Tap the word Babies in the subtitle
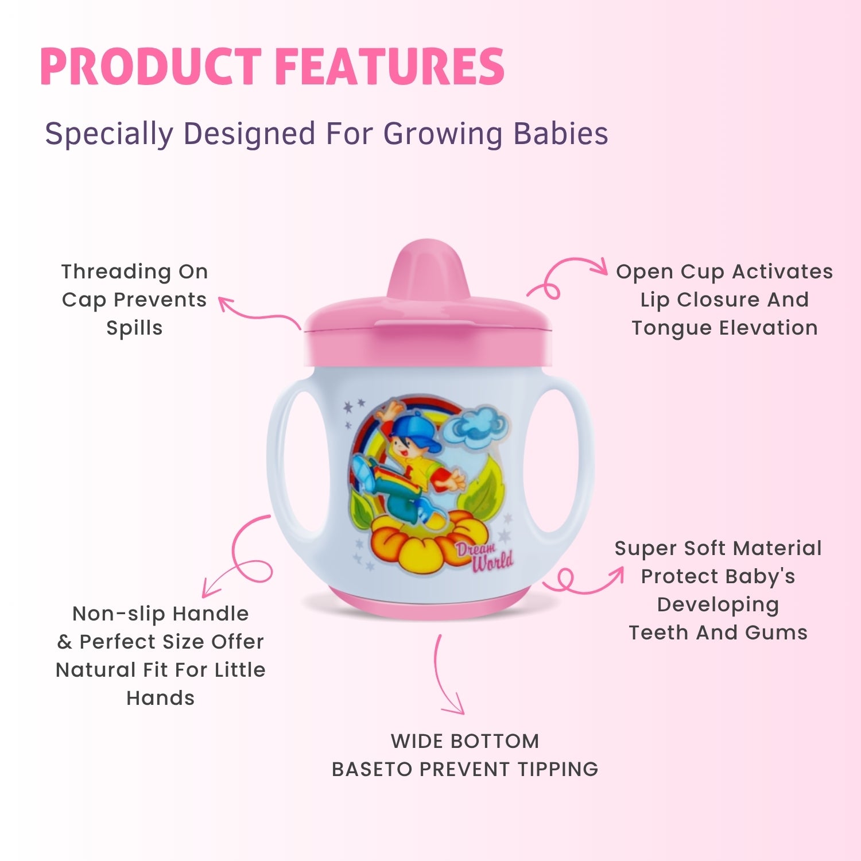point(560,133)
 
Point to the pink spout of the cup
point(426,270)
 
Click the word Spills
point(134,328)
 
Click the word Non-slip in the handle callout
point(118,614)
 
